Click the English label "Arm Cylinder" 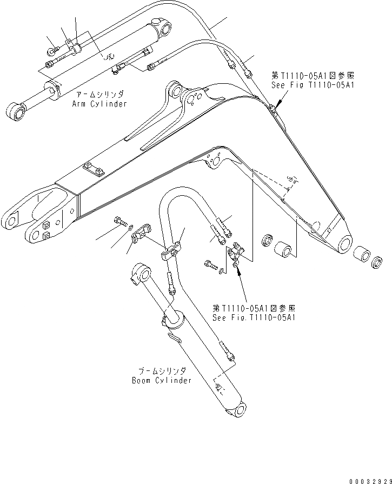(99, 103)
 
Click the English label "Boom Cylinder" (162, 380)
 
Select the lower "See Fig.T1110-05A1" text (254, 317)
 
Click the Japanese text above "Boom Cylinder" (161, 371)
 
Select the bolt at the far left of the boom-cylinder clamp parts (119, 220)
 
